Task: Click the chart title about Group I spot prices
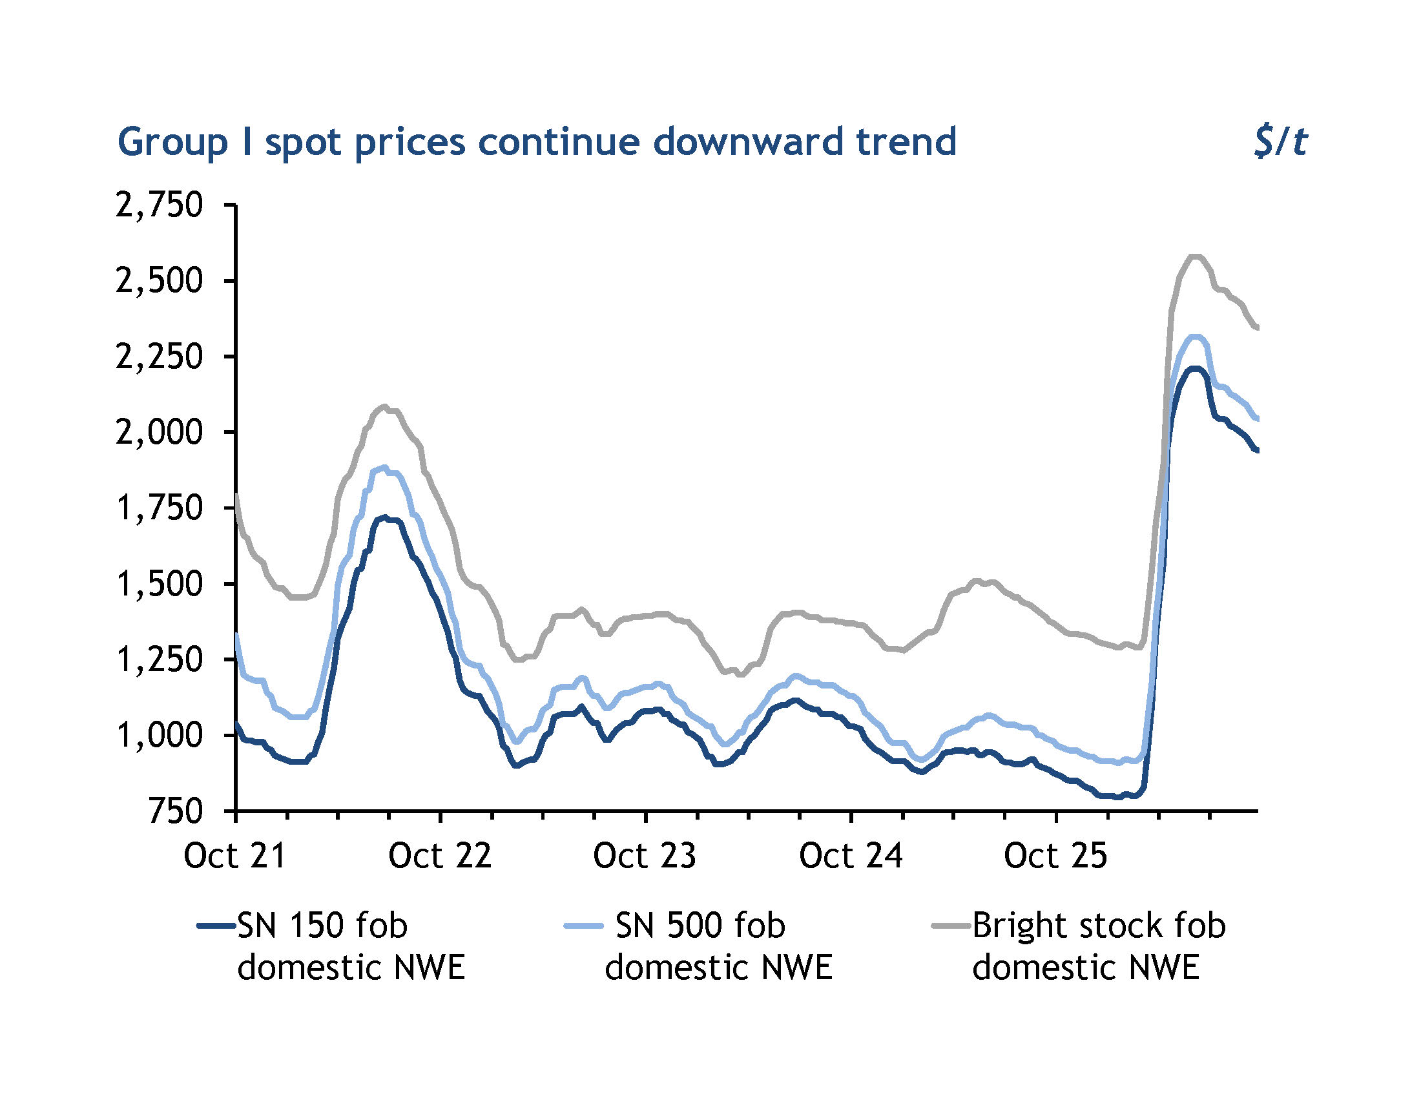[537, 143]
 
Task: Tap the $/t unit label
[1280, 143]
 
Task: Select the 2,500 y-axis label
[160, 281]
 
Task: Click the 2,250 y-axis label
[160, 357]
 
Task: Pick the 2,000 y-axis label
[160, 433]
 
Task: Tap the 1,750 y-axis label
[160, 508]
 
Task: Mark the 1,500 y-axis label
[160, 584]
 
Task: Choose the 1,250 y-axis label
[160, 659]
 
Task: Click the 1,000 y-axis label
[160, 736]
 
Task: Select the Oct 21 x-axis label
[235, 856]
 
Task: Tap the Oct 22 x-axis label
[440, 856]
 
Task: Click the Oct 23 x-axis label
[645, 856]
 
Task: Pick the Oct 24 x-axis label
[851, 856]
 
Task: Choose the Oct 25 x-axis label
[1055, 856]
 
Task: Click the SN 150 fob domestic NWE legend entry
[331, 946]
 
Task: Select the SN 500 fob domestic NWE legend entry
[699, 946]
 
